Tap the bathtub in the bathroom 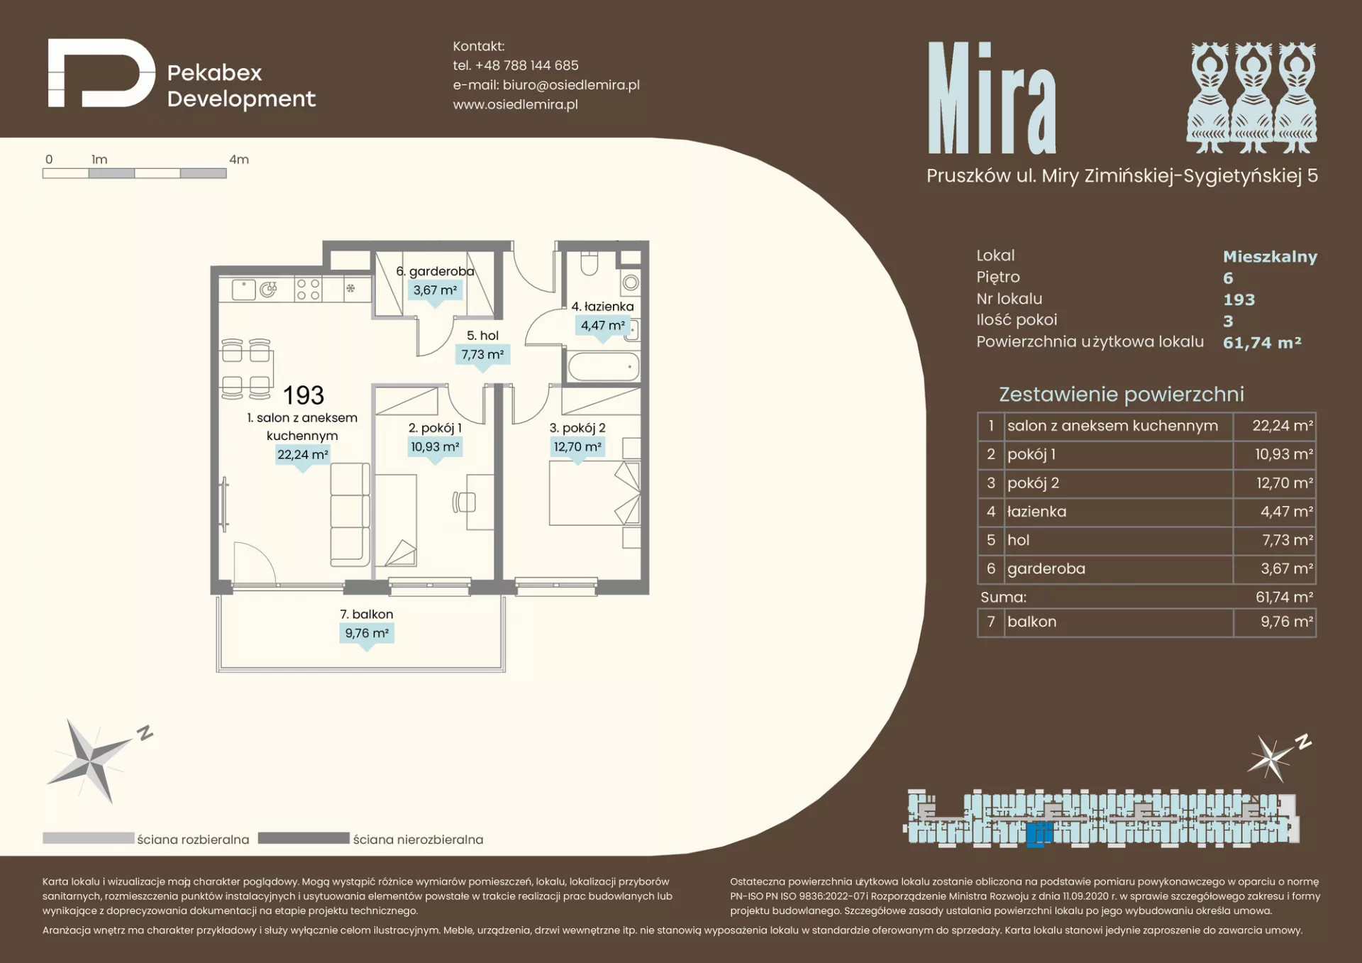pos(604,367)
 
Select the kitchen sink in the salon pos(243,290)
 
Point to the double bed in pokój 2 pos(594,493)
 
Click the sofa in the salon pos(350,514)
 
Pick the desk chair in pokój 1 pos(464,502)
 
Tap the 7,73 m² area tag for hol pos(482,354)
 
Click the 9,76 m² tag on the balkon pos(367,633)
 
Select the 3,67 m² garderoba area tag pos(435,290)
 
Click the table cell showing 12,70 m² pos(1275,483)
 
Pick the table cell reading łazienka pos(1119,512)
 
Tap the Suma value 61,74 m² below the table pos(1284,598)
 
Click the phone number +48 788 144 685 pos(526,65)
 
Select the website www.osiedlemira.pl pos(515,104)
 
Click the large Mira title pos(992,97)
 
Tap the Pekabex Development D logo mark pos(101,73)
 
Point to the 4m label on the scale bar pos(239,160)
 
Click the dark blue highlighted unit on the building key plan pos(1039,834)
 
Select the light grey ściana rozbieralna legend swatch pos(88,838)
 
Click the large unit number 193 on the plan pos(304,395)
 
